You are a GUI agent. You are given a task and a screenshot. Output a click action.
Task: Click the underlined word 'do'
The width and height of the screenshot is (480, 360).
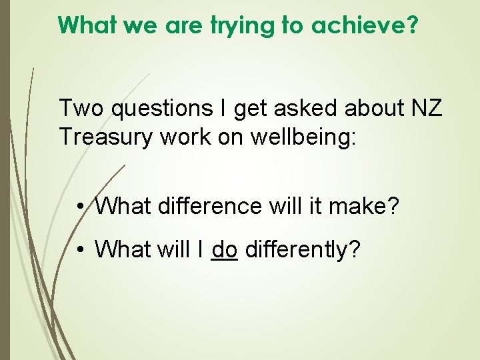point(225,249)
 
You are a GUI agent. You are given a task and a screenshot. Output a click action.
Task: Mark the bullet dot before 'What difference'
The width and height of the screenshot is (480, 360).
point(79,207)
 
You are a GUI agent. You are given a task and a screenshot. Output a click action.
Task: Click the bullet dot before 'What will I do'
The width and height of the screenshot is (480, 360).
point(79,249)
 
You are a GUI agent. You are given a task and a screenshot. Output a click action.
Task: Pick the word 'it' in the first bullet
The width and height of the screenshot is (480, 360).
point(313,207)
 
